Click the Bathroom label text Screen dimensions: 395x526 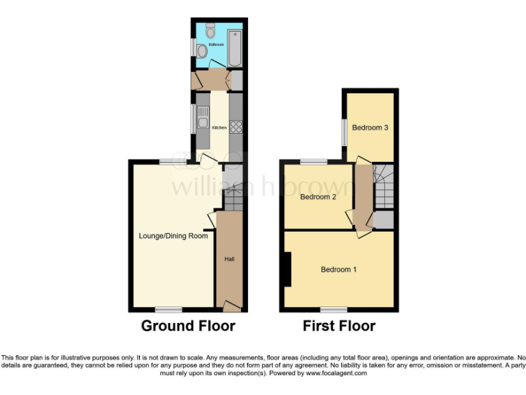point(216,44)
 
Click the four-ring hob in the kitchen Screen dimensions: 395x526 point(236,126)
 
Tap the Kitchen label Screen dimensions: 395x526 point(219,128)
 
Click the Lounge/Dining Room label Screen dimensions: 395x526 point(173,236)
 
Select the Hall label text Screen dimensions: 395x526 point(230,259)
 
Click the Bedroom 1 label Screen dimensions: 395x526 point(338,270)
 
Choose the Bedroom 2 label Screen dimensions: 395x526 point(318,197)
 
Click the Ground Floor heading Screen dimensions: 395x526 point(188,326)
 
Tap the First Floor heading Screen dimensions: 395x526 point(339,326)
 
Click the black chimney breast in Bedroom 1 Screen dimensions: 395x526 point(288,270)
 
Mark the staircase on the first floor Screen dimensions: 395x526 point(384,187)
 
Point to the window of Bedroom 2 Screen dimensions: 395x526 point(313,162)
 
